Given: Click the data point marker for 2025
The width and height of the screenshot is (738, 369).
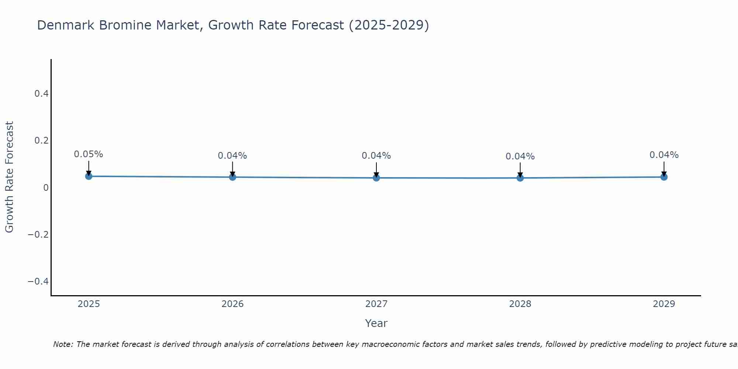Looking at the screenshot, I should (x=89, y=176).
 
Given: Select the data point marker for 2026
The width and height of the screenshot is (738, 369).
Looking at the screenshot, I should (x=232, y=177).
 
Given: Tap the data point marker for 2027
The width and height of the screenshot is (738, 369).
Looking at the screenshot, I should (x=376, y=178).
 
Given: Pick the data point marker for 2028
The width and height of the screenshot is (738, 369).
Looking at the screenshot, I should (x=520, y=178).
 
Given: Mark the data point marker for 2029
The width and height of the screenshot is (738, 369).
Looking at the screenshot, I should (x=664, y=177).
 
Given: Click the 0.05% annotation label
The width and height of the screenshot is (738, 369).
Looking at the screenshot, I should (x=89, y=154).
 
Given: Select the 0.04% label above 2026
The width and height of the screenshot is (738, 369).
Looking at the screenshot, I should (x=232, y=156).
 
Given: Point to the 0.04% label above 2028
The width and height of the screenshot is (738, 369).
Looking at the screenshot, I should (x=520, y=156).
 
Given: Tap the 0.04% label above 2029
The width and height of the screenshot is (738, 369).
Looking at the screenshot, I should (x=664, y=155).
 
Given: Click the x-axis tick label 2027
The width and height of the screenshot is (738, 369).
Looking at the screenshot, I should (x=376, y=304).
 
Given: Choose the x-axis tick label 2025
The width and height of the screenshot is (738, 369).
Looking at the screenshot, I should (x=89, y=304).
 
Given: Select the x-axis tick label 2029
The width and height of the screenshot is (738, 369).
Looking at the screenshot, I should (x=664, y=304).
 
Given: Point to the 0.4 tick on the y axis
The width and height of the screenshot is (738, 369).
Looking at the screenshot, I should (x=42, y=94).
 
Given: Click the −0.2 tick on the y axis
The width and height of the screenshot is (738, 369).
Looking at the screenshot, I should (x=38, y=235).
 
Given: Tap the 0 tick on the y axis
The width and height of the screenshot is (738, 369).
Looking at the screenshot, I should (x=46, y=188).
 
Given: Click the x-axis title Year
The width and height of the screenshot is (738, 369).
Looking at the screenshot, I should (x=376, y=323).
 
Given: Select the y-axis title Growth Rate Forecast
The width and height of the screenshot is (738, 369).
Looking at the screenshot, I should (x=9, y=177).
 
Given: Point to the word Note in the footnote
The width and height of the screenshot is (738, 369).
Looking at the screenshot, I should (x=63, y=344).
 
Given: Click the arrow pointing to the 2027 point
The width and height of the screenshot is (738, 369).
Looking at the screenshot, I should (x=376, y=170).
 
